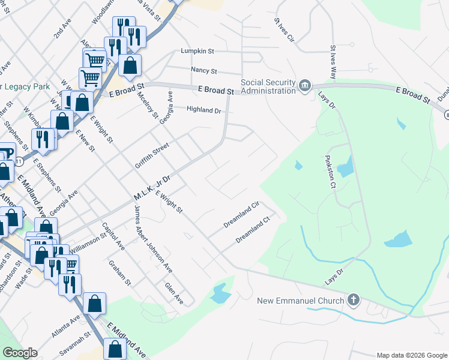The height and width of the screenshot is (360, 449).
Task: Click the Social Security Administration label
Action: click(x=268, y=86)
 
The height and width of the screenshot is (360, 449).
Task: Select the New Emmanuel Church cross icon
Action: click(x=354, y=300)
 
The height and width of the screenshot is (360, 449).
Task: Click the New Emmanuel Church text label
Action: click(x=301, y=301)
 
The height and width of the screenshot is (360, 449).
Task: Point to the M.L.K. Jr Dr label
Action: click(x=152, y=188)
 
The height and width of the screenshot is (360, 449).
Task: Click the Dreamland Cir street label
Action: click(x=241, y=214)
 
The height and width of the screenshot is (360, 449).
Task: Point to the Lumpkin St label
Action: click(x=198, y=52)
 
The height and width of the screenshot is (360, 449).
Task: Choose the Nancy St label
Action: click(x=203, y=70)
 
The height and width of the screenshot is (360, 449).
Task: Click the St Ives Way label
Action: click(x=333, y=61)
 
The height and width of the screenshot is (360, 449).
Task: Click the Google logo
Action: click(x=20, y=353)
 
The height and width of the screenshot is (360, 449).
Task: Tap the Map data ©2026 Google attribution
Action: click(x=412, y=355)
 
